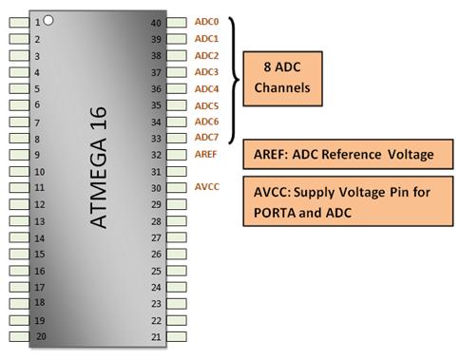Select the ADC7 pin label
click(206, 138)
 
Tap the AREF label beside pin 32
click(206, 154)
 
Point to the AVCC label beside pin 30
click(206, 187)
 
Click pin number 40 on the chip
click(156, 22)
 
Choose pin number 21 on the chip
click(156, 336)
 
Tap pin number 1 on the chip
click(37, 22)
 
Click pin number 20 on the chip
click(41, 336)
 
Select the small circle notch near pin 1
click(48, 19)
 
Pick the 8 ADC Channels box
click(288, 79)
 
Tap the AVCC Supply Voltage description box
click(346, 202)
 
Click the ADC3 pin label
click(206, 72)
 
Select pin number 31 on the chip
click(156, 171)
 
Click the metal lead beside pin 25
click(176, 271)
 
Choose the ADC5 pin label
click(206, 105)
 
